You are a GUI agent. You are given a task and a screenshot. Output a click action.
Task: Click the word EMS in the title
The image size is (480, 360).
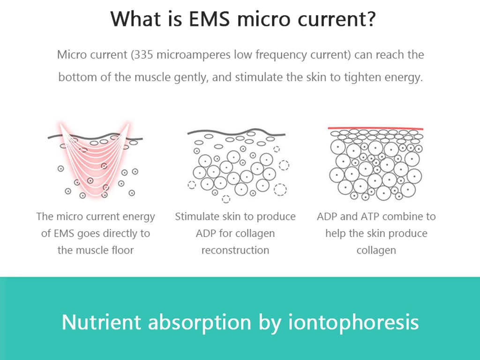(209, 18)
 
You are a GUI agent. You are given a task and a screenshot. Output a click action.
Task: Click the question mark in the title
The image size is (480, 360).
(369, 18)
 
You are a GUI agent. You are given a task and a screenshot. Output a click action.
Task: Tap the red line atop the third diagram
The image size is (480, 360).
(375, 128)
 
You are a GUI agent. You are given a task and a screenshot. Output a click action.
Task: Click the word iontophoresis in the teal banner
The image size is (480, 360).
(353, 322)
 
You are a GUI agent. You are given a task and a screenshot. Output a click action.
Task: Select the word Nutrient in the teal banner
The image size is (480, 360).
(101, 322)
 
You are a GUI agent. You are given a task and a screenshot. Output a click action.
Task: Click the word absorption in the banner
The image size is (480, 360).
(200, 322)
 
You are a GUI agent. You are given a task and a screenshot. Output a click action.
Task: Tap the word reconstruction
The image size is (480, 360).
(235, 250)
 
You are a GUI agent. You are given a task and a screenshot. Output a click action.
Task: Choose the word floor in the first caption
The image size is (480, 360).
(122, 250)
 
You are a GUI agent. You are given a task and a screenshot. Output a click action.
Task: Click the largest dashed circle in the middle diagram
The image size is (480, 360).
(280, 189)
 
